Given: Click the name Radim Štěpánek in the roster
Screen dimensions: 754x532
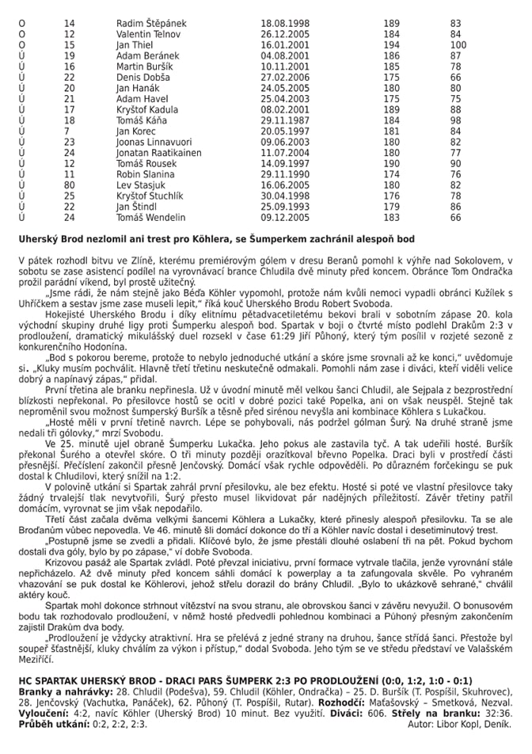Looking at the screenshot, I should (151, 24).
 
